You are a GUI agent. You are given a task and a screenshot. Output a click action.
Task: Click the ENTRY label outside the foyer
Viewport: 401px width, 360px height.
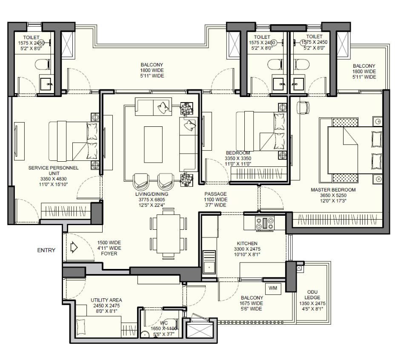[46, 250]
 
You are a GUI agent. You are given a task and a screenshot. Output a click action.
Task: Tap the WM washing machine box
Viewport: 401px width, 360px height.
[273, 289]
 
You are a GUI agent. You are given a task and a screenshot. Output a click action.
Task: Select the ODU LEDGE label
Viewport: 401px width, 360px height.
[312, 294]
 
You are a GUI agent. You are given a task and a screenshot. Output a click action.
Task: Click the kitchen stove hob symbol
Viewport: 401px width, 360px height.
[264, 223]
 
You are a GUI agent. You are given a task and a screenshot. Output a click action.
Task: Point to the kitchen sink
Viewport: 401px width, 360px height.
[209, 267]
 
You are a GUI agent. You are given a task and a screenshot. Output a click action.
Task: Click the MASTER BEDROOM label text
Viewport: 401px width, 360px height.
[333, 190]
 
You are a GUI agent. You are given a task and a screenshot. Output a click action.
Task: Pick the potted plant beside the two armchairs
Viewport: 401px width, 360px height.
[186, 180]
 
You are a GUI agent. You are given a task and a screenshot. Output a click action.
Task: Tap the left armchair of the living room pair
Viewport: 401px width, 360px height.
[141, 181]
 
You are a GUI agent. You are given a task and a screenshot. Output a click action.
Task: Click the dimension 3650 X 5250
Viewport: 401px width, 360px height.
[333, 195]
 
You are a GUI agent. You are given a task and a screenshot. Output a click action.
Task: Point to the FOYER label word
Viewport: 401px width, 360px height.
[109, 254]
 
